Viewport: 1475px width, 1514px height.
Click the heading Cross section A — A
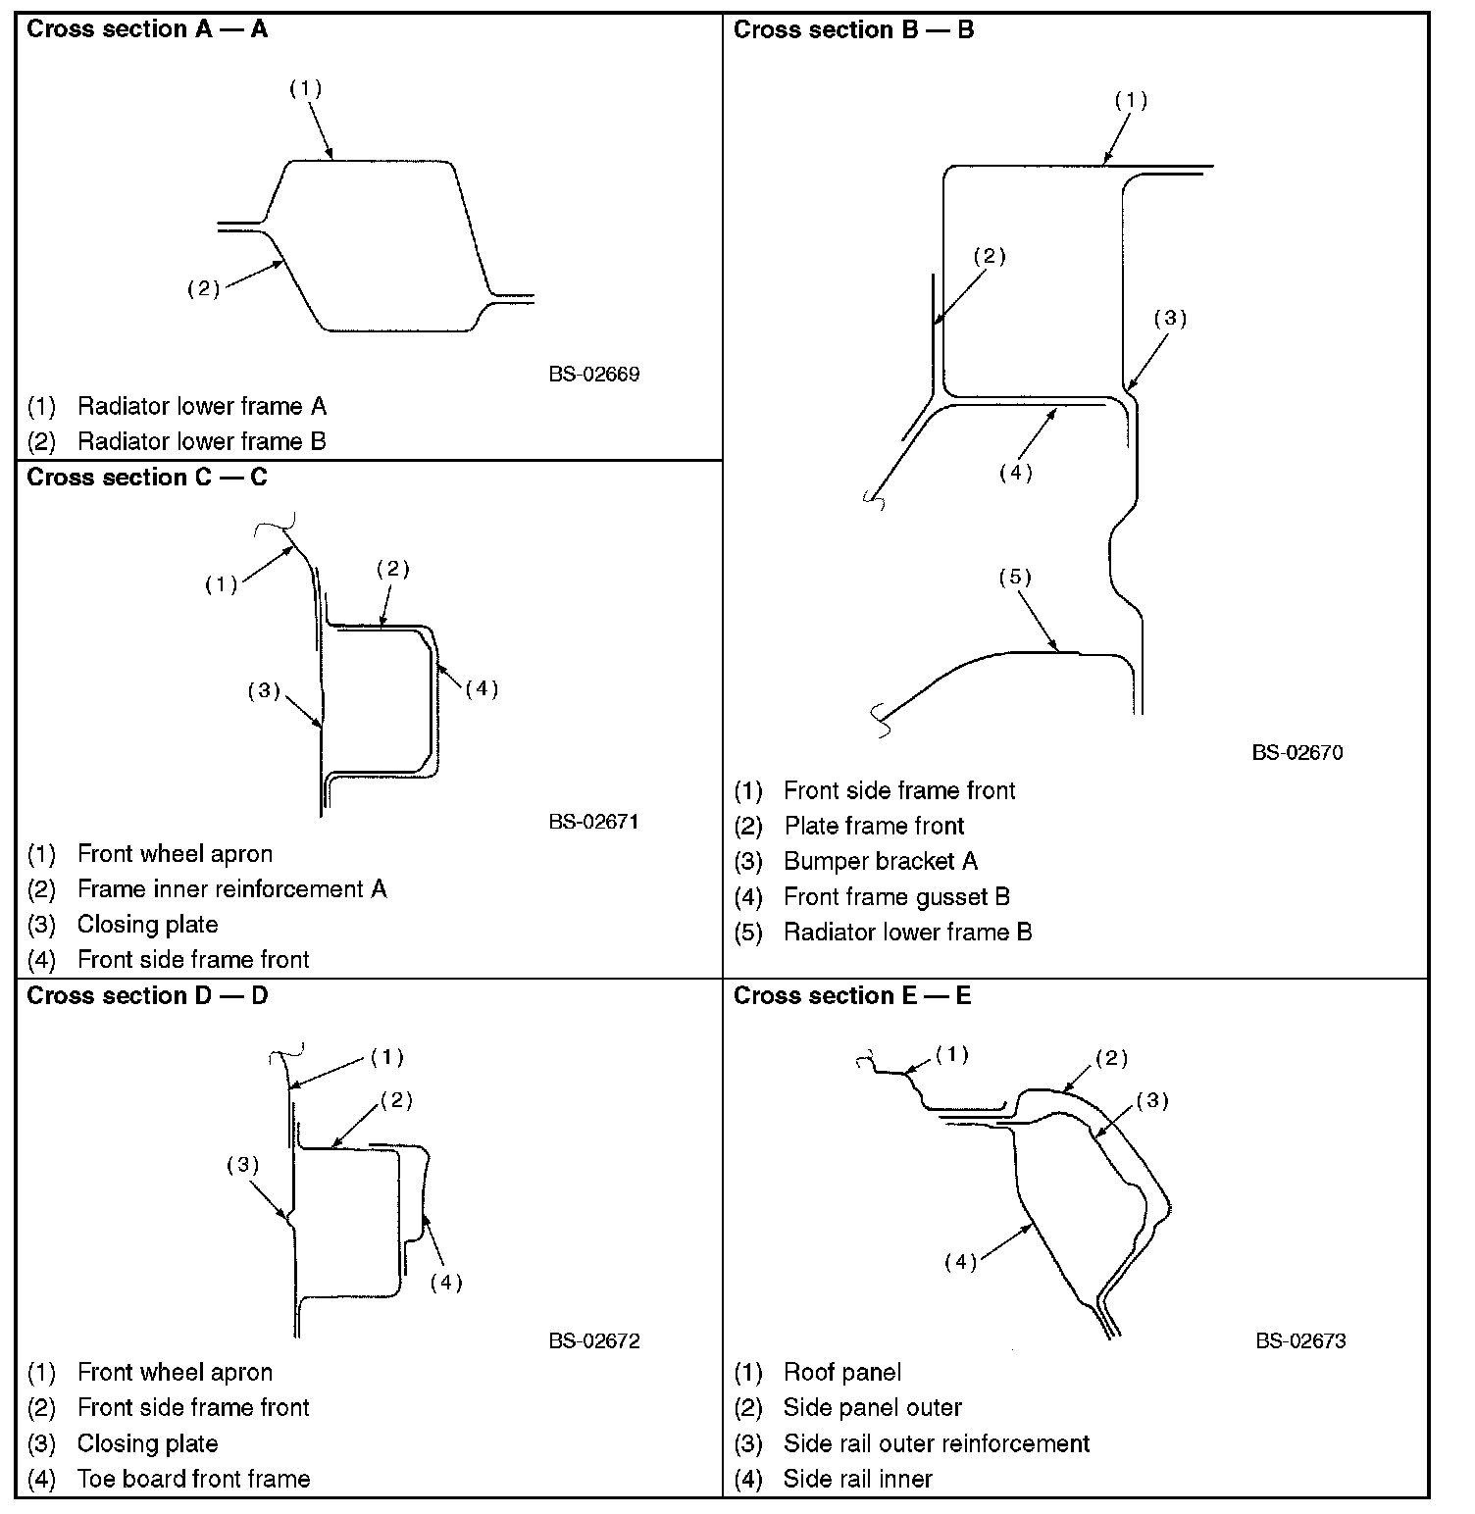tap(147, 29)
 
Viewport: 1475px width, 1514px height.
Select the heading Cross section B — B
tap(853, 29)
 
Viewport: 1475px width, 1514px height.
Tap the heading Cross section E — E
tap(852, 995)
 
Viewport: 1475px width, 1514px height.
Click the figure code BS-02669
tap(594, 374)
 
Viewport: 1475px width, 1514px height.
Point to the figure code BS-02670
tap(1297, 752)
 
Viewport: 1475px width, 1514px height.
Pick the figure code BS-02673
tap(1300, 1340)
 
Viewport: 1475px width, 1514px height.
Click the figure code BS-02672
tap(594, 1340)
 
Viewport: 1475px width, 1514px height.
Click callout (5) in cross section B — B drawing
tap(1015, 577)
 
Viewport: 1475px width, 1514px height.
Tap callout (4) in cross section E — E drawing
tap(960, 1262)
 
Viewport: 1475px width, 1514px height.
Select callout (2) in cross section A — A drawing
tap(203, 288)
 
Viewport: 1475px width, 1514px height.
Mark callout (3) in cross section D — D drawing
tap(242, 1165)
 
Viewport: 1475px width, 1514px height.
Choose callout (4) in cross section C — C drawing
tap(482, 689)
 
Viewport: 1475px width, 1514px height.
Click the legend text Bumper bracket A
tap(880, 861)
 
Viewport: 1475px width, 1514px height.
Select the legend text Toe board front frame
tap(193, 1479)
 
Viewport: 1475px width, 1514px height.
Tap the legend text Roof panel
tap(841, 1372)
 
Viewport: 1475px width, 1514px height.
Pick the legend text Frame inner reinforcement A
tap(231, 888)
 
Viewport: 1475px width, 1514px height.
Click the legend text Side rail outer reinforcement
tap(936, 1443)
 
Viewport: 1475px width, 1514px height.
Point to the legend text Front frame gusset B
tap(896, 896)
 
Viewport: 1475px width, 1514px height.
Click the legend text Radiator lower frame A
tap(201, 406)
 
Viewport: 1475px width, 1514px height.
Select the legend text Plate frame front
tap(874, 826)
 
